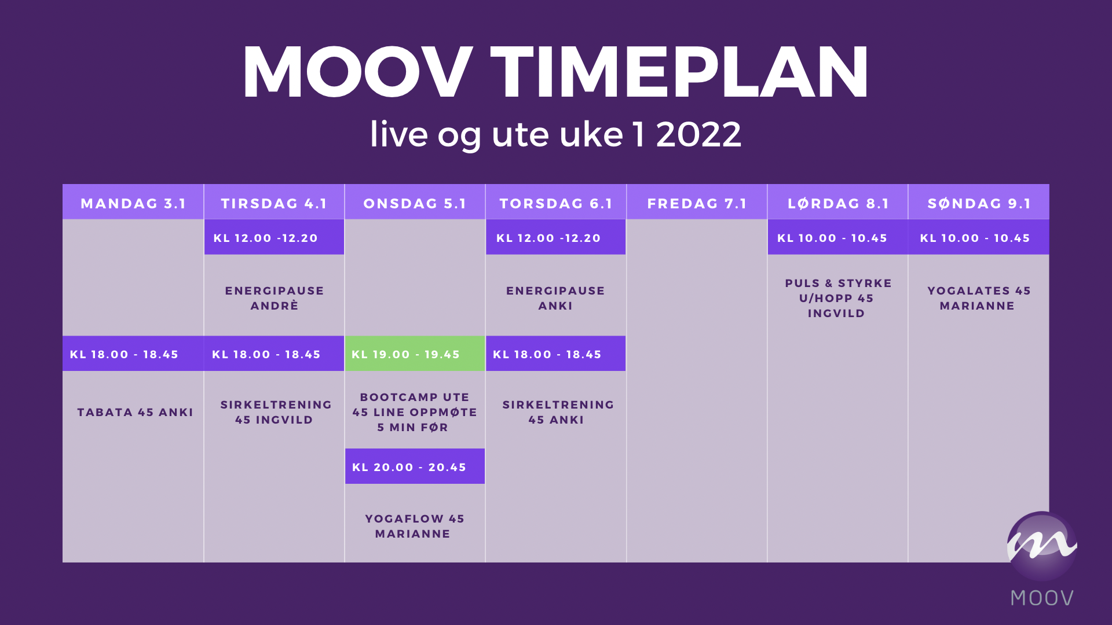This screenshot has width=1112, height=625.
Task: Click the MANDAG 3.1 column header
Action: point(133,203)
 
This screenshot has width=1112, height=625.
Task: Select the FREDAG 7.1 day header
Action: point(697,203)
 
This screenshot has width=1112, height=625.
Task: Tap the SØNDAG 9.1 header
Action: point(979,203)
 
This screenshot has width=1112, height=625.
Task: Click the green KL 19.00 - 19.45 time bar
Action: point(415,354)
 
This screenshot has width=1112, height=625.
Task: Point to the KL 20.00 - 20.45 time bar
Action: point(415,466)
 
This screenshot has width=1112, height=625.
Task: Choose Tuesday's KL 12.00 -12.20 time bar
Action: point(274,237)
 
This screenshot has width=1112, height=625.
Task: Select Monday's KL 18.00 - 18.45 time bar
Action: point(133,354)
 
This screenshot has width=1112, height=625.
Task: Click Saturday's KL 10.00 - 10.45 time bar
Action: point(837,237)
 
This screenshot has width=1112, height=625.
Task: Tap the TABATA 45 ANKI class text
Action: point(135,412)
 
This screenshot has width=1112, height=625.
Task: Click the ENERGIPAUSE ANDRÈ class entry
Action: point(275,298)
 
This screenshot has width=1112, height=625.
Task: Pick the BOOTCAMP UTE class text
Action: point(415,397)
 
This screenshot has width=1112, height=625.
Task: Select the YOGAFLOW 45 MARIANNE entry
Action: point(414,526)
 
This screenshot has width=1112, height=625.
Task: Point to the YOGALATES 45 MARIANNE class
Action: point(979,298)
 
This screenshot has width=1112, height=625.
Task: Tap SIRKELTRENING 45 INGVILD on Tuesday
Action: point(276,412)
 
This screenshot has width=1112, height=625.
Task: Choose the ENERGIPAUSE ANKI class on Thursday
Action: point(555,298)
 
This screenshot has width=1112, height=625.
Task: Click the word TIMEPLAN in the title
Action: point(679,73)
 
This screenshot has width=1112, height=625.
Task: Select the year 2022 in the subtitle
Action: point(698,134)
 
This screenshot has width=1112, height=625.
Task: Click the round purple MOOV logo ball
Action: point(1042,546)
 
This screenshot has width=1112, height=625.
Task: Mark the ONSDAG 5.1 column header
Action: point(415,203)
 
